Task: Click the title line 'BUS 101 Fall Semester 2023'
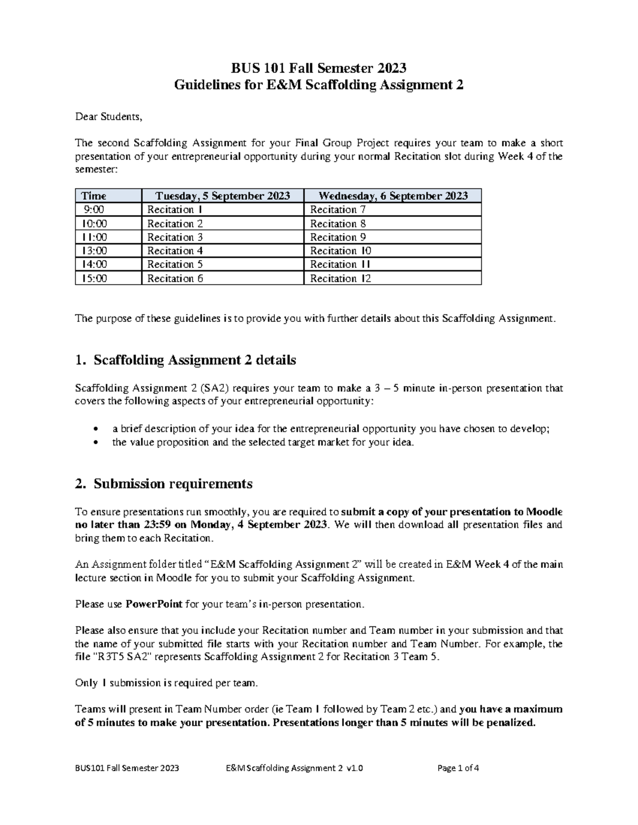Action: tap(318, 68)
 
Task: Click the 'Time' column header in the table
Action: tap(94, 195)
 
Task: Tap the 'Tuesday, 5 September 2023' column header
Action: tap(222, 195)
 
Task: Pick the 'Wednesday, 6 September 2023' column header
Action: tap(392, 195)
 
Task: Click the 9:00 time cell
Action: tap(94, 210)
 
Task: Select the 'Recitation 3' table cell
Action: tap(175, 237)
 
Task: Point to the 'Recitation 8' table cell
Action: tap(338, 224)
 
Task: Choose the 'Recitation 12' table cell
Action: tap(340, 278)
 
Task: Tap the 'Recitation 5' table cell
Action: tap(175, 265)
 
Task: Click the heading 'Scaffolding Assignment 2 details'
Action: tap(195, 360)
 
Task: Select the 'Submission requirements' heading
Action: tap(173, 484)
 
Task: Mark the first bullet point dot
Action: tap(95, 429)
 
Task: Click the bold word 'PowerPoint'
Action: tap(154, 605)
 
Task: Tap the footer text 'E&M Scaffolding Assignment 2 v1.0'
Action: tap(294, 768)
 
